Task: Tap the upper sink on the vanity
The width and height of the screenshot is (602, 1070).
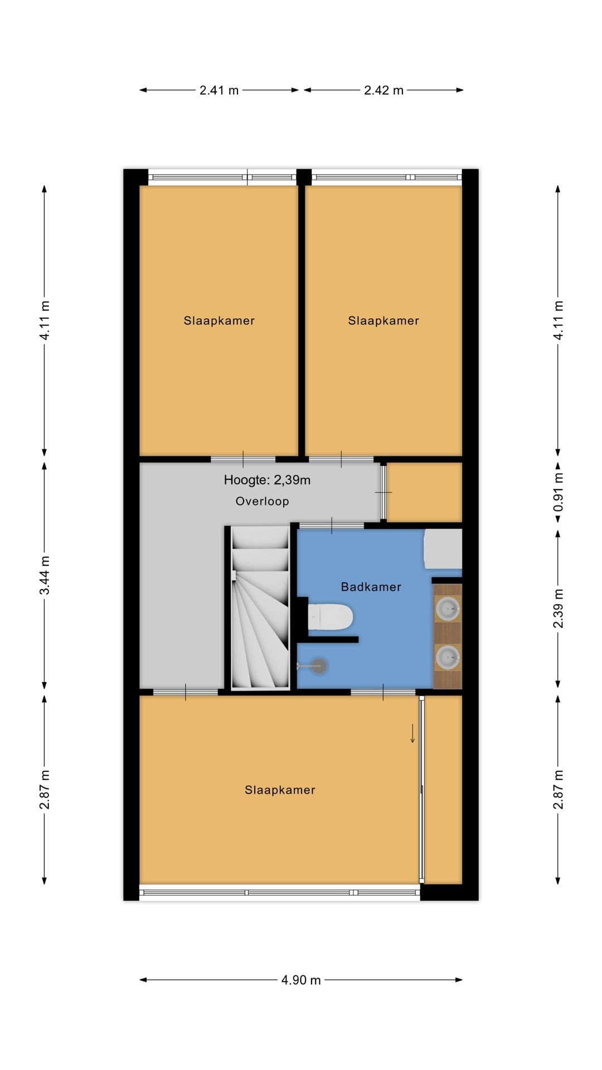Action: coord(448,609)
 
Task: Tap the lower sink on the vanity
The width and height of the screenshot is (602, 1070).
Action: coord(448,658)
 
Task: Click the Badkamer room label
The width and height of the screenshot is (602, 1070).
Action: coord(371,587)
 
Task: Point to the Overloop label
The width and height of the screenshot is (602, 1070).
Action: coord(262,501)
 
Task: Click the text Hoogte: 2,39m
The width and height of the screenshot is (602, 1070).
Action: coord(267,480)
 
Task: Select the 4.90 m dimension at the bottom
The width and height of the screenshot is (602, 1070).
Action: coord(301,980)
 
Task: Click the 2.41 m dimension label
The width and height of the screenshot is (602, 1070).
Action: coord(219,90)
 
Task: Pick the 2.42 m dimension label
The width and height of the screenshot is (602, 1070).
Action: coord(383,90)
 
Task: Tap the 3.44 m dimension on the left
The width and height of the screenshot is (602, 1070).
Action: coord(45,575)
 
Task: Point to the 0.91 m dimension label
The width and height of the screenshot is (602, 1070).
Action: coord(558,492)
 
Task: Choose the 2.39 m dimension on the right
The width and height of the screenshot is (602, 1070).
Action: coord(558,608)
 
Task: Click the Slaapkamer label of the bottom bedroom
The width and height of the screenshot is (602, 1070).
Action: coord(280,790)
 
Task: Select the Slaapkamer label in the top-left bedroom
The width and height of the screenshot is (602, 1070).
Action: coord(219,320)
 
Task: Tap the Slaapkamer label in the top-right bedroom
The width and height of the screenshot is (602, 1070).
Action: coord(383,320)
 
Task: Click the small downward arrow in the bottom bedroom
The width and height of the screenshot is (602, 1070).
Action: coord(412,733)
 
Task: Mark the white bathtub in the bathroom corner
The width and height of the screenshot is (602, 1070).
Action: coord(443,549)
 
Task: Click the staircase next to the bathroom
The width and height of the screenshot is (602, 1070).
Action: coord(260,607)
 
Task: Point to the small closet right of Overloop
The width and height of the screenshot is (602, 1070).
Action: coord(425,493)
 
